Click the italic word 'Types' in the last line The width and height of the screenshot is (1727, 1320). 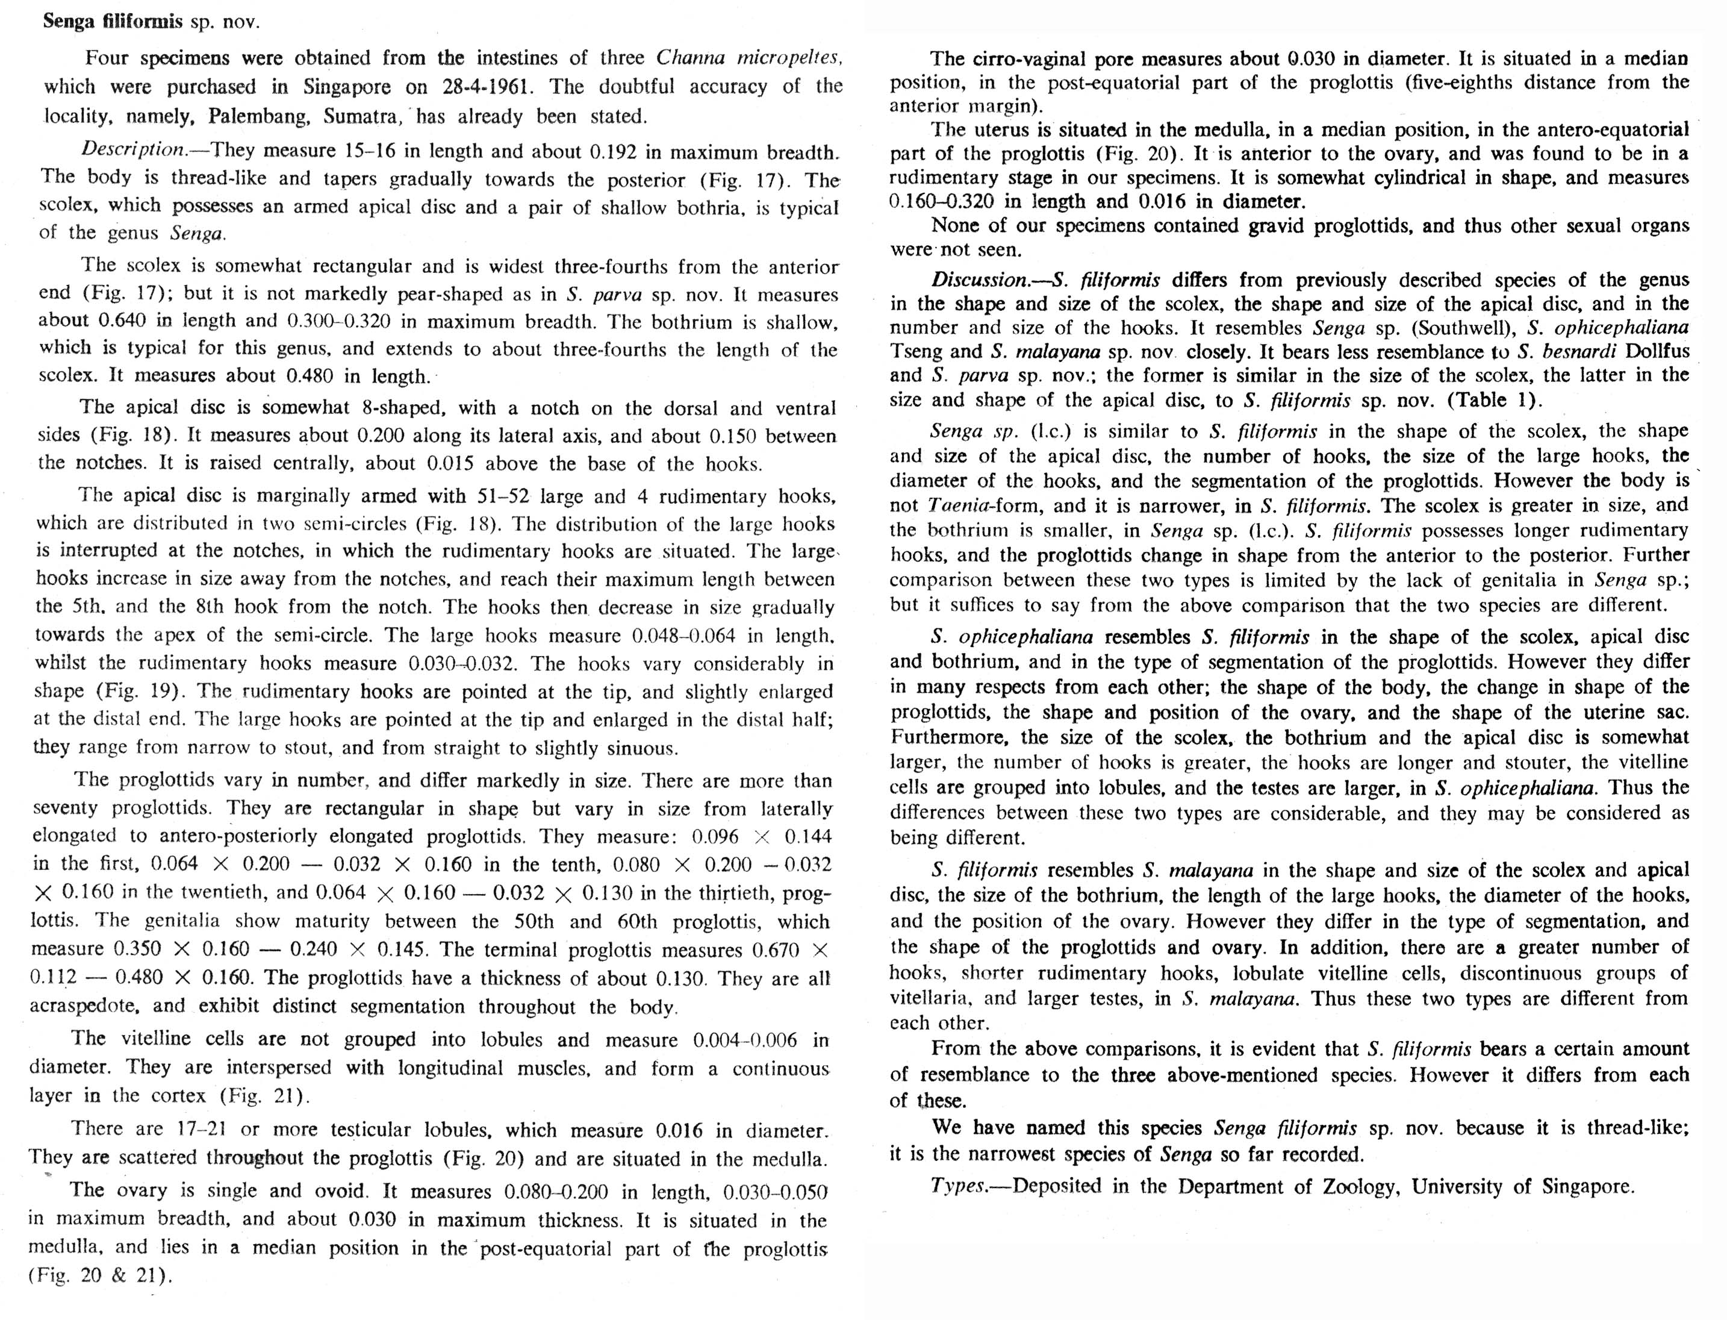pos(957,1186)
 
